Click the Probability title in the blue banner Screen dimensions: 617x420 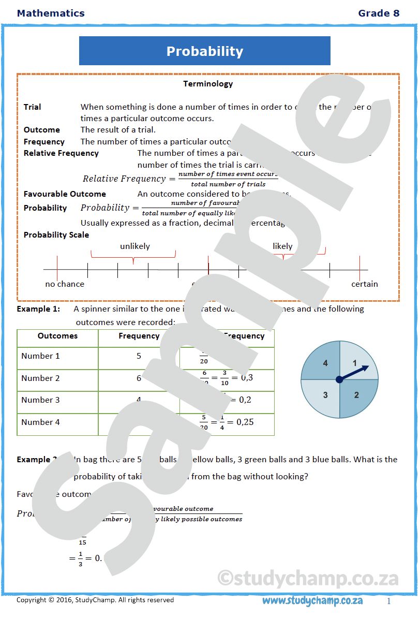[x=204, y=51]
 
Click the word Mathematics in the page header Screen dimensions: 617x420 [x=51, y=13]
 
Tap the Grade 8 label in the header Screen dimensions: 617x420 [x=379, y=13]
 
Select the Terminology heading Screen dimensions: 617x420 [x=208, y=84]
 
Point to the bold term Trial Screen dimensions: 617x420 [x=32, y=107]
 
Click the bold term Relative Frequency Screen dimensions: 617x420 [x=61, y=153]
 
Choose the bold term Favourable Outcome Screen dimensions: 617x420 [x=65, y=194]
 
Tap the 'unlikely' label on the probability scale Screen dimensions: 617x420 [x=134, y=246]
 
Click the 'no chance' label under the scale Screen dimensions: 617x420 [x=65, y=284]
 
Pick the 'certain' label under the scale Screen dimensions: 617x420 [x=365, y=284]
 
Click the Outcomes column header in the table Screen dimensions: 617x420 [x=57, y=336]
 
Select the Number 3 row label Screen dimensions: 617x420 [x=40, y=400]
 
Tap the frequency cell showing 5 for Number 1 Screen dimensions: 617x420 [x=139, y=356]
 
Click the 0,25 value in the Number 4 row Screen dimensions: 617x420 [x=245, y=422]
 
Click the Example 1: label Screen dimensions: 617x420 [x=38, y=309]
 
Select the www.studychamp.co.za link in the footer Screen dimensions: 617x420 [x=312, y=600]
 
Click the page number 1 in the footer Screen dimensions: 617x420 [x=389, y=601]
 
